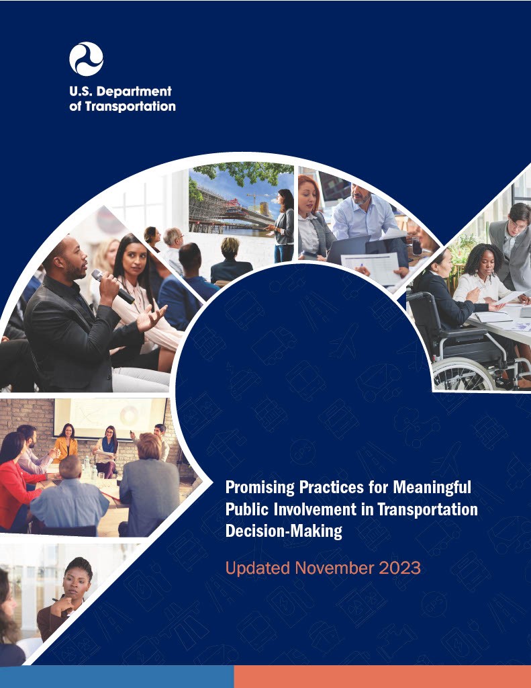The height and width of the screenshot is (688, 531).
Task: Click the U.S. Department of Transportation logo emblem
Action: (86, 59)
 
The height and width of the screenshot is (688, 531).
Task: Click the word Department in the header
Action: (134, 92)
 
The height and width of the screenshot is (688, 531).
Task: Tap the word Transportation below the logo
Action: (130, 107)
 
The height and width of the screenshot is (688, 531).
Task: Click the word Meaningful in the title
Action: (432, 487)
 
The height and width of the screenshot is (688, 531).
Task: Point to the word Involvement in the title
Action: (315, 509)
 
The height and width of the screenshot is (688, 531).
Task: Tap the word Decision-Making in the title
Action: (284, 531)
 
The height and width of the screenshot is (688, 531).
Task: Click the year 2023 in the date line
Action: (399, 568)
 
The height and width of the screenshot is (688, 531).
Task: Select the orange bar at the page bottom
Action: (383, 677)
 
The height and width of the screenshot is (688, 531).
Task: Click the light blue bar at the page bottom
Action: (117, 677)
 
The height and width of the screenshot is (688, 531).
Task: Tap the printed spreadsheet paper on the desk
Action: (371, 265)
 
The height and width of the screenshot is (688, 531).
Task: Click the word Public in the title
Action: (247, 509)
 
